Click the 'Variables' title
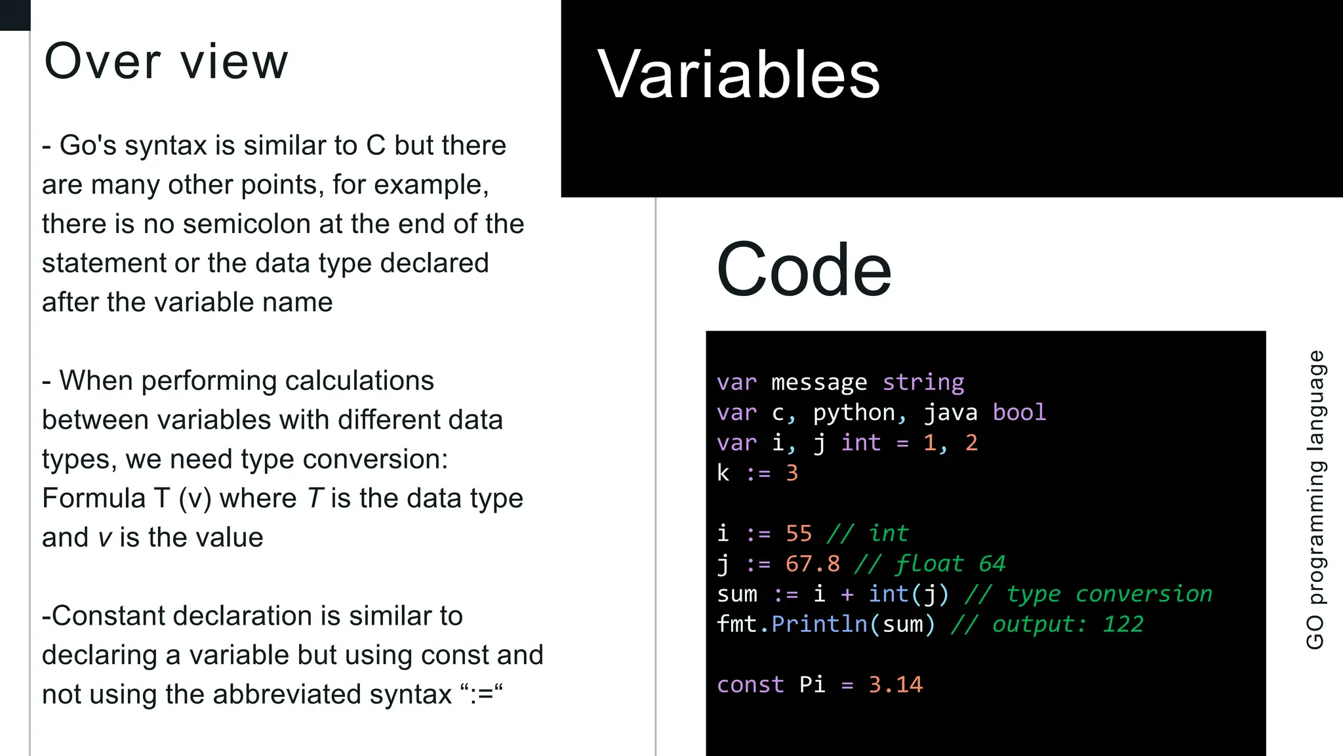point(738,75)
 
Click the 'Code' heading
point(804,269)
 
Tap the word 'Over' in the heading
point(102,62)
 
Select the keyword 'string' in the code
point(923,382)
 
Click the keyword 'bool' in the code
point(1019,412)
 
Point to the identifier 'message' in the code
point(819,382)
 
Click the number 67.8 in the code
point(812,564)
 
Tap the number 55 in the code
point(799,534)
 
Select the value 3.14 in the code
point(895,684)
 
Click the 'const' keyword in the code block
point(750,684)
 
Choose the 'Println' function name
point(820,624)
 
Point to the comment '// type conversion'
point(1088,594)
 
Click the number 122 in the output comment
point(1123,624)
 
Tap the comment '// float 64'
point(929,564)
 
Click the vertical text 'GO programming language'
point(1315,499)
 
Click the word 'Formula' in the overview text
point(94,498)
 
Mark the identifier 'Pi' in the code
point(812,684)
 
